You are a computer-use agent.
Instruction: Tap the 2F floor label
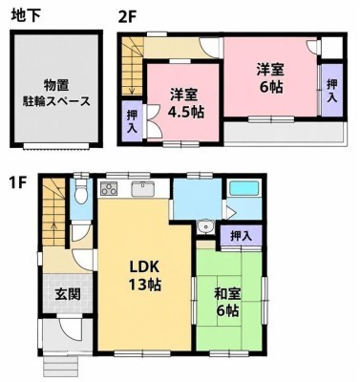[x=127, y=15]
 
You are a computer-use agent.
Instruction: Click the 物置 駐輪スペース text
[x=56, y=93]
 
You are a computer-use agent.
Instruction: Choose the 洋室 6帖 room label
[x=271, y=77]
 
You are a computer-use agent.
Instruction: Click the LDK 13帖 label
[x=144, y=275]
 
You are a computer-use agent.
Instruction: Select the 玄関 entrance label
[x=67, y=294]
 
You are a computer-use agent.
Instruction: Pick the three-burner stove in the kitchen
[x=109, y=188]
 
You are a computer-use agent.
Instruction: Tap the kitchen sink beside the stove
[x=143, y=189]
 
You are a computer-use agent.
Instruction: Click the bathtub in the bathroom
[x=244, y=188]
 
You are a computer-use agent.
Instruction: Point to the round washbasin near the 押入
[x=204, y=227]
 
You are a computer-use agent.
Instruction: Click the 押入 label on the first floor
[x=241, y=236]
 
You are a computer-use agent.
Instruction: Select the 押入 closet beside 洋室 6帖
[x=332, y=91]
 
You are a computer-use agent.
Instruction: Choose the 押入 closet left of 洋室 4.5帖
[x=132, y=121]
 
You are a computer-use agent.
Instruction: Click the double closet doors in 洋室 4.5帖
[x=152, y=121]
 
